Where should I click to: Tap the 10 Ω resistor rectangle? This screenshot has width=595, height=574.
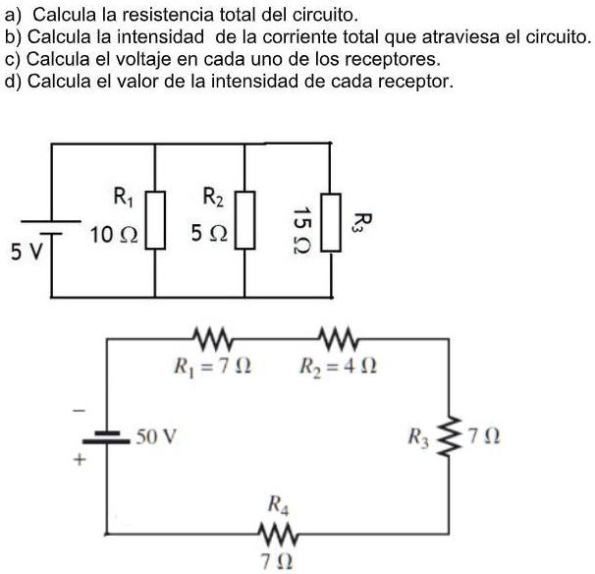(155, 223)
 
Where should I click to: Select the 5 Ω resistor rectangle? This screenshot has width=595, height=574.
(245, 223)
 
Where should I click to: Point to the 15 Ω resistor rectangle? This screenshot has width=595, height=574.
(333, 224)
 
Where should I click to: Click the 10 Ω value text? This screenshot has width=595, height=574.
(114, 236)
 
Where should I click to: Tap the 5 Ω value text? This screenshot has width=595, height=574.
(209, 236)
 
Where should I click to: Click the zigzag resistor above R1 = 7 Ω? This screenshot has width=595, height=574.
(212, 340)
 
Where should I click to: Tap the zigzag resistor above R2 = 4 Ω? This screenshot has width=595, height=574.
(337, 340)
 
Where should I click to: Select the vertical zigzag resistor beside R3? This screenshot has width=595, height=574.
(451, 434)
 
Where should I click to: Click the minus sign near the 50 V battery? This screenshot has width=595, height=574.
(82, 408)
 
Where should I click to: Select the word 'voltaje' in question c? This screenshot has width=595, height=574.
(143, 59)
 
